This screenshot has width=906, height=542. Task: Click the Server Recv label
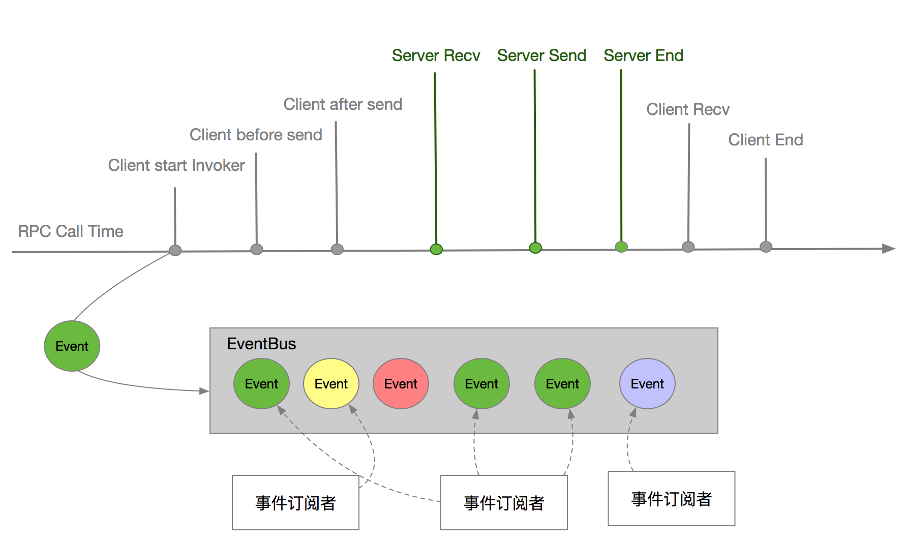[436, 55]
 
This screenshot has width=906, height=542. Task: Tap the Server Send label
[541, 55]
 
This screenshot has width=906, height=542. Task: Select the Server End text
[643, 55]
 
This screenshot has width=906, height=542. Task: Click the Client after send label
[343, 104]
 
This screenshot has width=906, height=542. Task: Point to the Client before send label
[256, 135]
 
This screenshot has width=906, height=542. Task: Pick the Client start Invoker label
[176, 165]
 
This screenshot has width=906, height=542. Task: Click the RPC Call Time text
[71, 231]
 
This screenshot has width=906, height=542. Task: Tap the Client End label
[765, 140]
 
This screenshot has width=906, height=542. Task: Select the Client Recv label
[687, 109]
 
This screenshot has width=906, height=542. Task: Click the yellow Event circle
[331, 384]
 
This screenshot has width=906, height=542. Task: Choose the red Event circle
[401, 384]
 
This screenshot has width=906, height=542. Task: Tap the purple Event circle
[647, 384]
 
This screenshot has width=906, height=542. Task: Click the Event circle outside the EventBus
[72, 346]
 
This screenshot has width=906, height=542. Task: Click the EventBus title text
[261, 344]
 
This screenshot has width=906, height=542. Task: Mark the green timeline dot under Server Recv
[436, 249]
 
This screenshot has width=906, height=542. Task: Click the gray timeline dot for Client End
[766, 247]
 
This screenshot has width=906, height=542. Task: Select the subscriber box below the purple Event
[671, 499]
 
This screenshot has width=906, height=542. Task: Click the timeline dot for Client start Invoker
[175, 250]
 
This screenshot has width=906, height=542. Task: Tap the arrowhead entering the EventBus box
[204, 391]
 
